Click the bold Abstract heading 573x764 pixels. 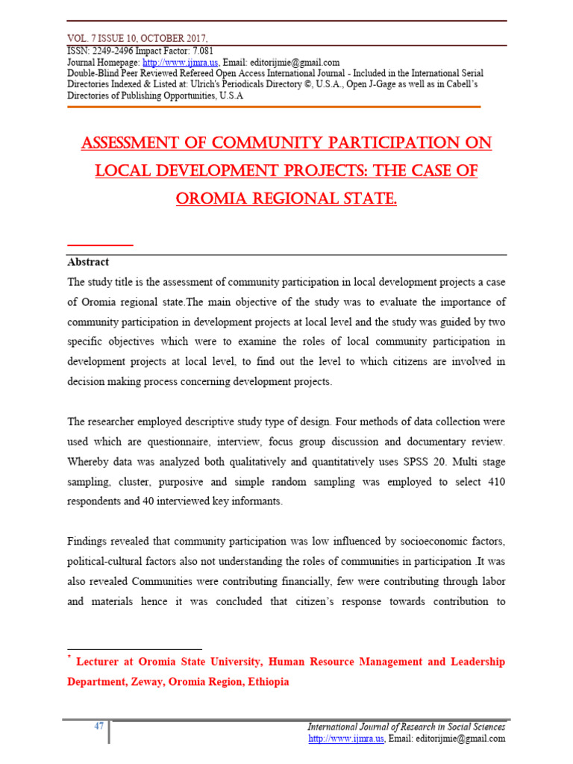pyautogui.click(x=88, y=262)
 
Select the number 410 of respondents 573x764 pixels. pyautogui.click(x=495, y=482)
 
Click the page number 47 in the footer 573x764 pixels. pyautogui.click(x=98, y=727)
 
